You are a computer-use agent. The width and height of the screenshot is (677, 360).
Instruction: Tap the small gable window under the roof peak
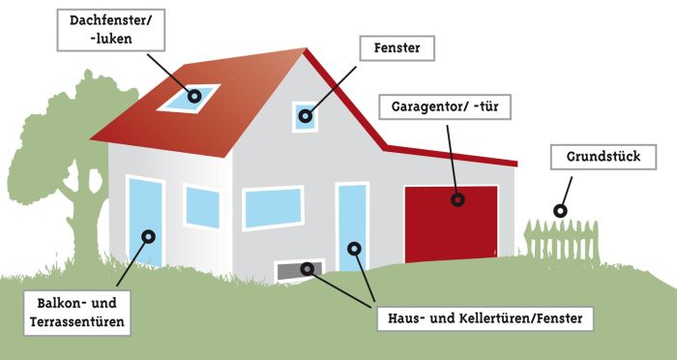click(x=306, y=116)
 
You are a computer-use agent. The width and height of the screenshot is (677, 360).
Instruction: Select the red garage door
click(x=451, y=222)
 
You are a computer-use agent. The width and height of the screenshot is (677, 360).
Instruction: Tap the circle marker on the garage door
click(x=456, y=201)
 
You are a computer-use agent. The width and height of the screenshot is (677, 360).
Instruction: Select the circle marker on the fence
click(x=559, y=210)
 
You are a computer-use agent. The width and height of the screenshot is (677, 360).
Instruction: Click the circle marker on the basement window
click(x=309, y=268)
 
